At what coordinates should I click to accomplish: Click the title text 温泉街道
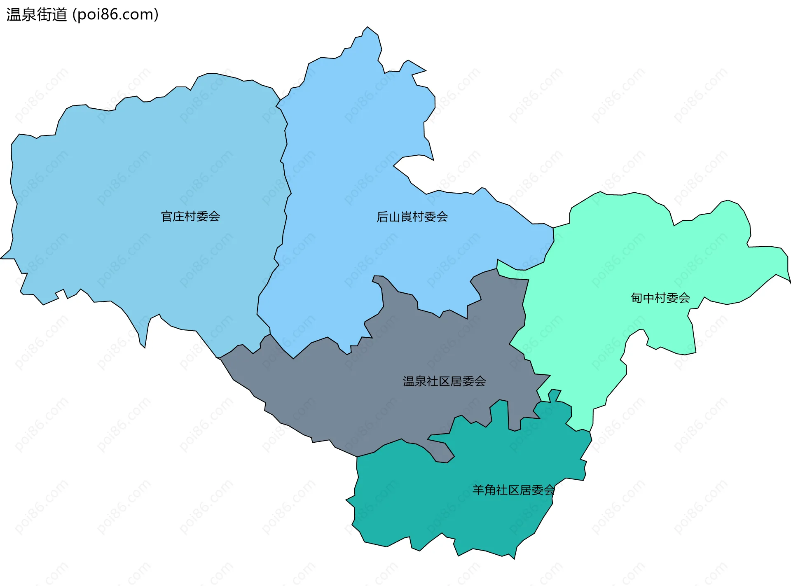coord(36,15)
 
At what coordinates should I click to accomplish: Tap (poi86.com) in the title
coord(115,15)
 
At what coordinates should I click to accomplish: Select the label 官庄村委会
coord(190,217)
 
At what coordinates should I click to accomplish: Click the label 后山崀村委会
coord(412,217)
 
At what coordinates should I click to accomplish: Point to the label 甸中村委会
coord(660,298)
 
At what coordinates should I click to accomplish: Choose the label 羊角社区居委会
coord(513,490)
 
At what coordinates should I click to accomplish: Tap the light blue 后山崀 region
coord(350,165)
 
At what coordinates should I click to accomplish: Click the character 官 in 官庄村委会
coord(167,217)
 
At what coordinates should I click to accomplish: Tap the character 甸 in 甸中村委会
coord(637,298)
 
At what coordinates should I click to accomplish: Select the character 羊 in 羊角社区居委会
coord(478,490)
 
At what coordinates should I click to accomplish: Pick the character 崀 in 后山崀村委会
coord(406,217)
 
